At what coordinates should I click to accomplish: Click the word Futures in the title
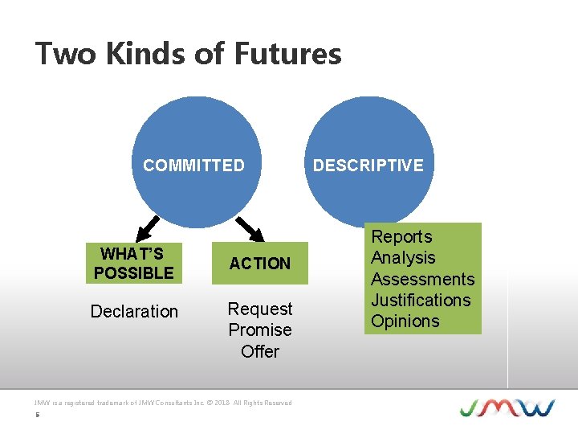(x=287, y=54)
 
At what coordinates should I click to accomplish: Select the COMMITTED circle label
(x=193, y=166)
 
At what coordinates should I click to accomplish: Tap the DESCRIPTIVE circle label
(x=368, y=166)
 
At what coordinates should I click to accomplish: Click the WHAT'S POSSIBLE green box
(x=133, y=264)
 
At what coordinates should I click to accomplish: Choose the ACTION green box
(x=259, y=264)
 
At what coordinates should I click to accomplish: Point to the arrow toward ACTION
(x=250, y=229)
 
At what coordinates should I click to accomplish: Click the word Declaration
(x=134, y=311)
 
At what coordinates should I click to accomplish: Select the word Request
(x=260, y=309)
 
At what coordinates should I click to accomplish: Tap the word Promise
(x=260, y=330)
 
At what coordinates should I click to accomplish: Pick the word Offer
(x=260, y=351)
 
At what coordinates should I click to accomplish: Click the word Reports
(x=401, y=237)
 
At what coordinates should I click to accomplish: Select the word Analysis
(x=403, y=258)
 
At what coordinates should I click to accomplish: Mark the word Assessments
(x=422, y=279)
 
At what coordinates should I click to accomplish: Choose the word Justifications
(x=421, y=300)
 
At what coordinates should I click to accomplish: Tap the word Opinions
(x=405, y=321)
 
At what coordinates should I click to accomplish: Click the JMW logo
(x=507, y=407)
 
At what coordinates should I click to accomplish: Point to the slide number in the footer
(x=37, y=416)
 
